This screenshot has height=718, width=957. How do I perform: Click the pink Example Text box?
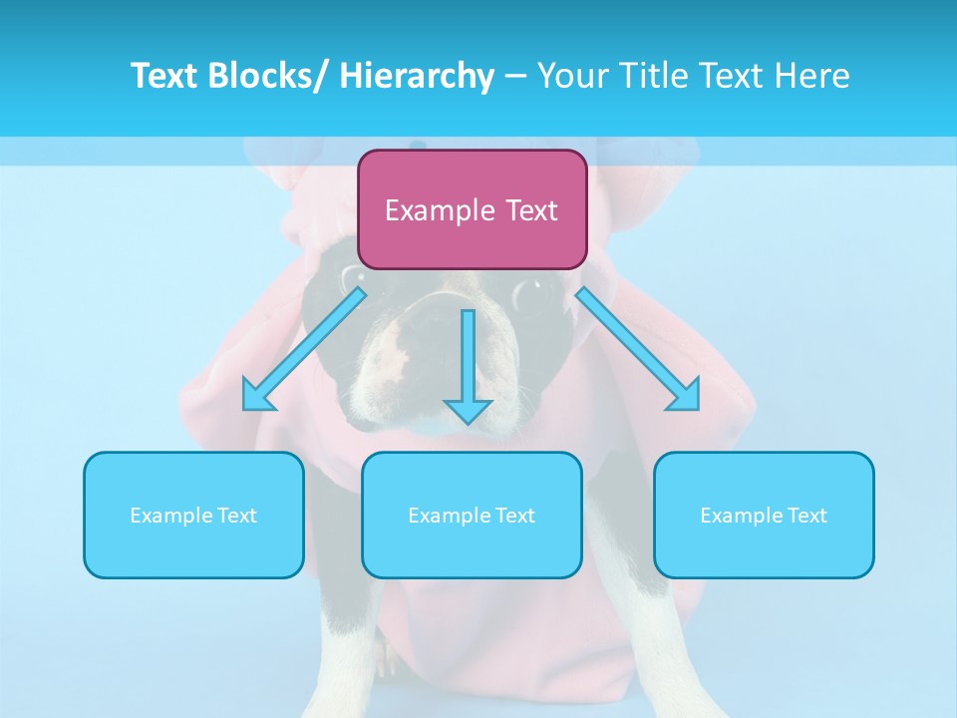pyautogui.click(x=472, y=209)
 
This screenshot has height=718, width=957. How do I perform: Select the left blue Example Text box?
pyautogui.click(x=193, y=515)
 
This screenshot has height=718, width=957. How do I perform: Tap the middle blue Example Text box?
pyautogui.click(x=472, y=515)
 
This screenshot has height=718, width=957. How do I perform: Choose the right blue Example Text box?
pyautogui.click(x=764, y=515)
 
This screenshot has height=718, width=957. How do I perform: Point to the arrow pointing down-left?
pyautogui.click(x=304, y=349)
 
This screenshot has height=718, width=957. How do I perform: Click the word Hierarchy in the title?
pyautogui.click(x=417, y=76)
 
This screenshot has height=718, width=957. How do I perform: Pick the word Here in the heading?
pyautogui.click(x=814, y=76)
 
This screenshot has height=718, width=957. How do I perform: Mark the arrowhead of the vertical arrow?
pyautogui.click(x=468, y=410)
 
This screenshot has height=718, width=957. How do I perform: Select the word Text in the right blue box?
pyautogui.click(x=807, y=516)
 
